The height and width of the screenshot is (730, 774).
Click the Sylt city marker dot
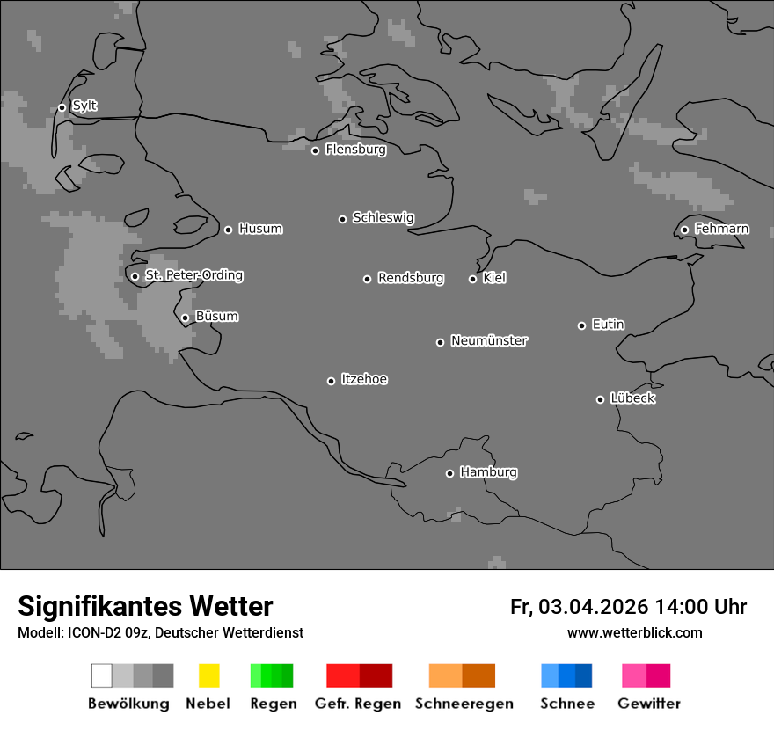pyautogui.click(x=62, y=108)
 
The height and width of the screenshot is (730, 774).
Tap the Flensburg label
pyautogui.click(x=355, y=150)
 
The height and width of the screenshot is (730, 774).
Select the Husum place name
pyautogui.click(x=260, y=229)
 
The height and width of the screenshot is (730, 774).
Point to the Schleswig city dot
pyautogui.click(x=342, y=219)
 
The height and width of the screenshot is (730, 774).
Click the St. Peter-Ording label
pyautogui.click(x=193, y=275)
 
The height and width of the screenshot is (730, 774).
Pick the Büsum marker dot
pyautogui.click(x=185, y=318)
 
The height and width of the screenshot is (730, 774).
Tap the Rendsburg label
pyautogui.click(x=410, y=278)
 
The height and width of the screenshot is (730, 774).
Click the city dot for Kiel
pyautogui.click(x=472, y=279)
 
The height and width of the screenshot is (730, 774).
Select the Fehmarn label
pyautogui.click(x=721, y=229)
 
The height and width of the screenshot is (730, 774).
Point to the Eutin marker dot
pyautogui.click(x=581, y=325)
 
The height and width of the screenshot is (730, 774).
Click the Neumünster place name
pyautogui.click(x=489, y=340)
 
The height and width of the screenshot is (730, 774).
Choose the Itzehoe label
pyautogui.click(x=364, y=379)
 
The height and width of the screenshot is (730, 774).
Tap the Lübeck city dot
pyautogui.click(x=600, y=399)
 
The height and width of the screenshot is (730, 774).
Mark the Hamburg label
pyautogui.click(x=488, y=472)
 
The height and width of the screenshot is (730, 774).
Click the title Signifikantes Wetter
pyautogui.click(x=145, y=606)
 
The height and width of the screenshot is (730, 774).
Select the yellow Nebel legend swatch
pyautogui.click(x=208, y=675)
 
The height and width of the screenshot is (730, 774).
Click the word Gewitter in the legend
pyautogui.click(x=649, y=704)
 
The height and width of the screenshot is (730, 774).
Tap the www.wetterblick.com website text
pyautogui.click(x=634, y=632)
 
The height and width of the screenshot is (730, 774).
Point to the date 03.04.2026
pyautogui.click(x=594, y=607)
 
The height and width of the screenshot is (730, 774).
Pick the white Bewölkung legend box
pyautogui.click(x=102, y=675)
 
